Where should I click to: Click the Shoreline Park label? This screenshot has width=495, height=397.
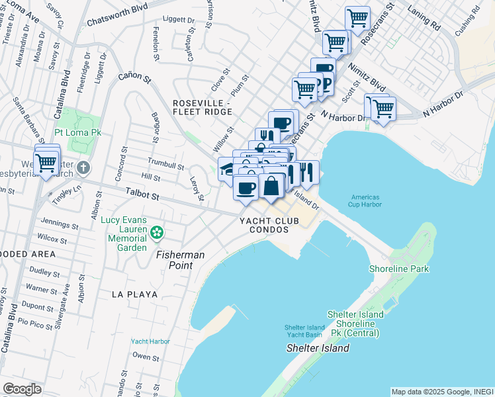pyautogui.click(x=400, y=269)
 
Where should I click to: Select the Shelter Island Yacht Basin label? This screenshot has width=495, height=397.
pyautogui.click(x=304, y=331)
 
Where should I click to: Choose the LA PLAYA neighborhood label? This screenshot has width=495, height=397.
pyautogui.click(x=134, y=294)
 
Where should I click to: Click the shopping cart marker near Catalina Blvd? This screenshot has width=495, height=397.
pyautogui.click(x=46, y=161)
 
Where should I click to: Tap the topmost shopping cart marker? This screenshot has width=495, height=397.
pyautogui.click(x=358, y=18)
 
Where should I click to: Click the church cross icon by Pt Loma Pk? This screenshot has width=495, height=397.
pyautogui.click(x=83, y=167)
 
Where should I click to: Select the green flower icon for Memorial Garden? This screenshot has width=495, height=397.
pyautogui.click(x=157, y=232)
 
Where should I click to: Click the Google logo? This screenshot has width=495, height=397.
pyautogui.click(x=21, y=389)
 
